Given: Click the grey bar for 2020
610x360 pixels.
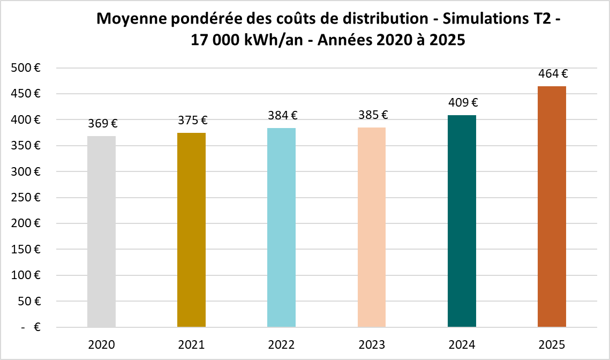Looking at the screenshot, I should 102,231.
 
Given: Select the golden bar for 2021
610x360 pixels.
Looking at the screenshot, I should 192,230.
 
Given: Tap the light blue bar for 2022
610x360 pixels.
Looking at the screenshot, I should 282,228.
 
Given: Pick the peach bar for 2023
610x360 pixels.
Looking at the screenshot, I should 372,227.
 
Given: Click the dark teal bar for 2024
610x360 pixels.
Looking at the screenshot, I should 462,221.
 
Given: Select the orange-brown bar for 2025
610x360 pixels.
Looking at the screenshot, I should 552,207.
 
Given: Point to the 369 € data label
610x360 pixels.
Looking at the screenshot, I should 102,124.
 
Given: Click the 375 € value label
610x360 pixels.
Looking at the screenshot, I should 192,121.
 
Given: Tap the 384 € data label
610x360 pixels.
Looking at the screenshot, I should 282,115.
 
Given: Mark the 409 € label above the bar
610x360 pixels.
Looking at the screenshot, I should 462,102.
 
